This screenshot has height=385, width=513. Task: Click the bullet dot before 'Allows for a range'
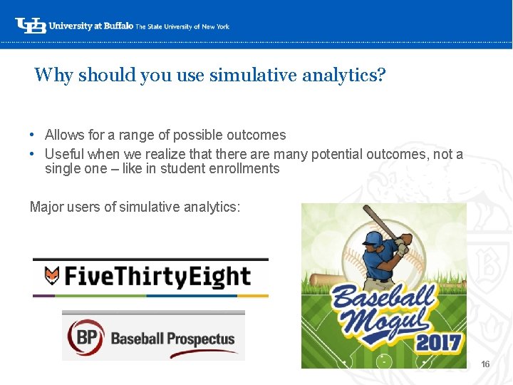tap(33, 135)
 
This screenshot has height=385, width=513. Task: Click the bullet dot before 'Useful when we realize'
tap(33, 155)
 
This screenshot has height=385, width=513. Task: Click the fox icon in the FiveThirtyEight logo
tap(51, 276)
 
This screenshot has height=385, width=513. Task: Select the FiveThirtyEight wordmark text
tap(157, 276)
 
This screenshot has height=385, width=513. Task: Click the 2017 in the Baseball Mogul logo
tap(438, 343)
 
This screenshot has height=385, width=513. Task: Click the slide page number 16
tap(485, 364)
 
